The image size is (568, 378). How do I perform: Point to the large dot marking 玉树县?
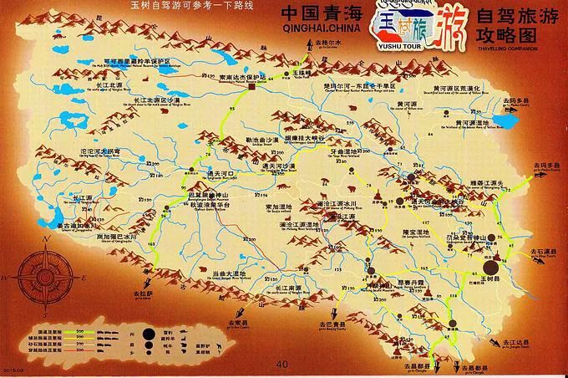(x=494, y=268)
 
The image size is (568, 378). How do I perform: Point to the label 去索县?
(x=237, y=323)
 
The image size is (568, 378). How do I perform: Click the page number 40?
(x=281, y=364)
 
